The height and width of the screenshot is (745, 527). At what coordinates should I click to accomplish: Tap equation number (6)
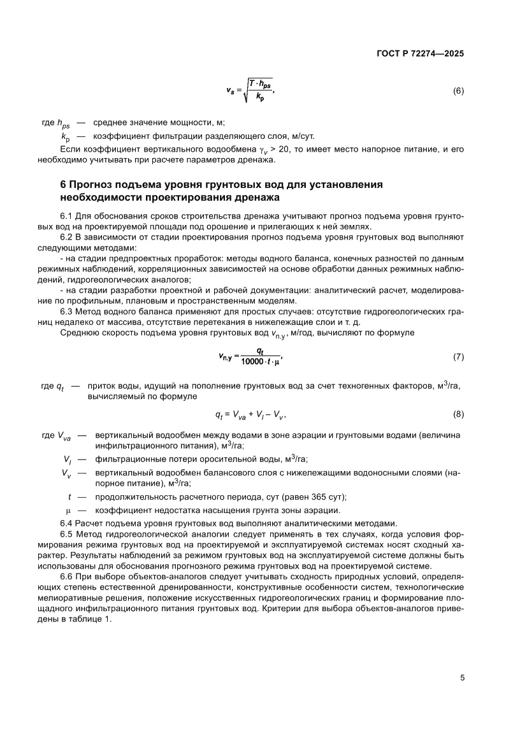pos(458,90)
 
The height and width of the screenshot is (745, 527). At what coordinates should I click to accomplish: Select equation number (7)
pos(458,356)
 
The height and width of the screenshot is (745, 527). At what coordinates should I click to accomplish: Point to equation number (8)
pos(458,415)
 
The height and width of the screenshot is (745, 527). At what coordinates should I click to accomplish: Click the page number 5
pos(462,677)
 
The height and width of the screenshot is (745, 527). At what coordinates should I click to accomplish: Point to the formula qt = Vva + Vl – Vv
pos(250,415)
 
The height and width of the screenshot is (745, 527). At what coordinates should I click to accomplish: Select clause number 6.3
pos(66,312)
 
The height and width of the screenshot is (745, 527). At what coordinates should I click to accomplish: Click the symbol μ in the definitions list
pos(68,511)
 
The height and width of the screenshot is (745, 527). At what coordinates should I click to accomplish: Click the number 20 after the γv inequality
pos(262,149)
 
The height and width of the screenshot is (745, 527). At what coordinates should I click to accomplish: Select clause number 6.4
pos(66,523)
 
